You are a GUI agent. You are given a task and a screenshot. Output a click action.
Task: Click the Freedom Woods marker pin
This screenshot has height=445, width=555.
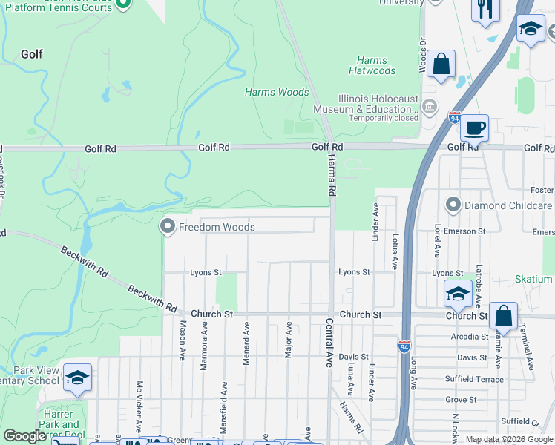coord(168,227)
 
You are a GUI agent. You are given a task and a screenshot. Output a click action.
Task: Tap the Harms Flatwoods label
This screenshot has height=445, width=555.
coord(372,66)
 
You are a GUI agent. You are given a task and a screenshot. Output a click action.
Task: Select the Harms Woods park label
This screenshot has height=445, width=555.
coord(277,93)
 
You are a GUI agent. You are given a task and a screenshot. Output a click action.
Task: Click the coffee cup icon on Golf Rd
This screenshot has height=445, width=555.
coord(474,128)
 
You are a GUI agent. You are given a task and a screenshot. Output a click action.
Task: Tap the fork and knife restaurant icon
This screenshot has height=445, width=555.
coord(486,9)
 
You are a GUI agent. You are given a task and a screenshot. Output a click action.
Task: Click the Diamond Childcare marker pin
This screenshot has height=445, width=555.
coord(453,205)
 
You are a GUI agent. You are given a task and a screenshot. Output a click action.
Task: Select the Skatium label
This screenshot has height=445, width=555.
coord(533,280)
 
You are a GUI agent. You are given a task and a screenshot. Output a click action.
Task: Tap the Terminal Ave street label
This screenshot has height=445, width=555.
coord(531,348)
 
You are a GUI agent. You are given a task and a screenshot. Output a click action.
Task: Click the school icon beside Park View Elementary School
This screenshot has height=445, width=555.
coord(77,378)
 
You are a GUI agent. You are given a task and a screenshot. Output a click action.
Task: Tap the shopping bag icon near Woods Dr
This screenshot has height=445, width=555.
coord(441,65)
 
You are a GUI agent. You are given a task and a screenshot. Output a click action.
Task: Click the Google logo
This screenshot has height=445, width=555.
coord(24,436)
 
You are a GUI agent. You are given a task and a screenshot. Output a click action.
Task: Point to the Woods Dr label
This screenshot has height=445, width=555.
coord(423,56)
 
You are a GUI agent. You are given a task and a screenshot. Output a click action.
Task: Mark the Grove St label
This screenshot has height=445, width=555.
coord(461,399)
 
